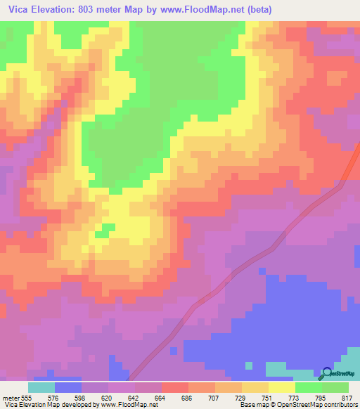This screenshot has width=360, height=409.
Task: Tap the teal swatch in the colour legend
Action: pos(41,387)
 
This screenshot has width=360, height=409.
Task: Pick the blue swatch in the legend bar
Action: pos(68,387)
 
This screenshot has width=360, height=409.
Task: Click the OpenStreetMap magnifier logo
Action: pos(326,373)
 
